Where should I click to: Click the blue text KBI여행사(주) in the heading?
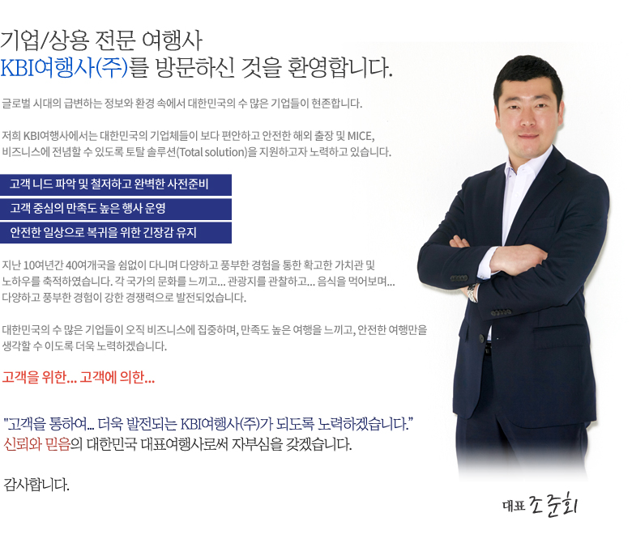(x=64, y=68)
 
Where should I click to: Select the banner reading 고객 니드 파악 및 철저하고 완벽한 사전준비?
(x=116, y=184)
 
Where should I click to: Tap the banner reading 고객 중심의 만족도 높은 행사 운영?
(x=116, y=209)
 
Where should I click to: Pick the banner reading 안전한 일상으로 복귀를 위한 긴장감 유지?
(x=116, y=232)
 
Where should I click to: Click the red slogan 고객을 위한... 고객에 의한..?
(x=79, y=378)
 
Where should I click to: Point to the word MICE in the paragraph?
(x=361, y=137)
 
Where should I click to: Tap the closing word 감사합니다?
(x=36, y=485)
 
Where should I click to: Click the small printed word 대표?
(x=514, y=506)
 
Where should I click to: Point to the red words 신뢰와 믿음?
(x=36, y=445)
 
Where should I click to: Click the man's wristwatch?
(x=473, y=292)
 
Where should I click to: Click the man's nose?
(x=527, y=118)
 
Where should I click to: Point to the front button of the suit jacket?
(x=481, y=338)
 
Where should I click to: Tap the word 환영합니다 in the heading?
(x=339, y=68)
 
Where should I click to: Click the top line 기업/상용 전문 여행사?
(x=101, y=40)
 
